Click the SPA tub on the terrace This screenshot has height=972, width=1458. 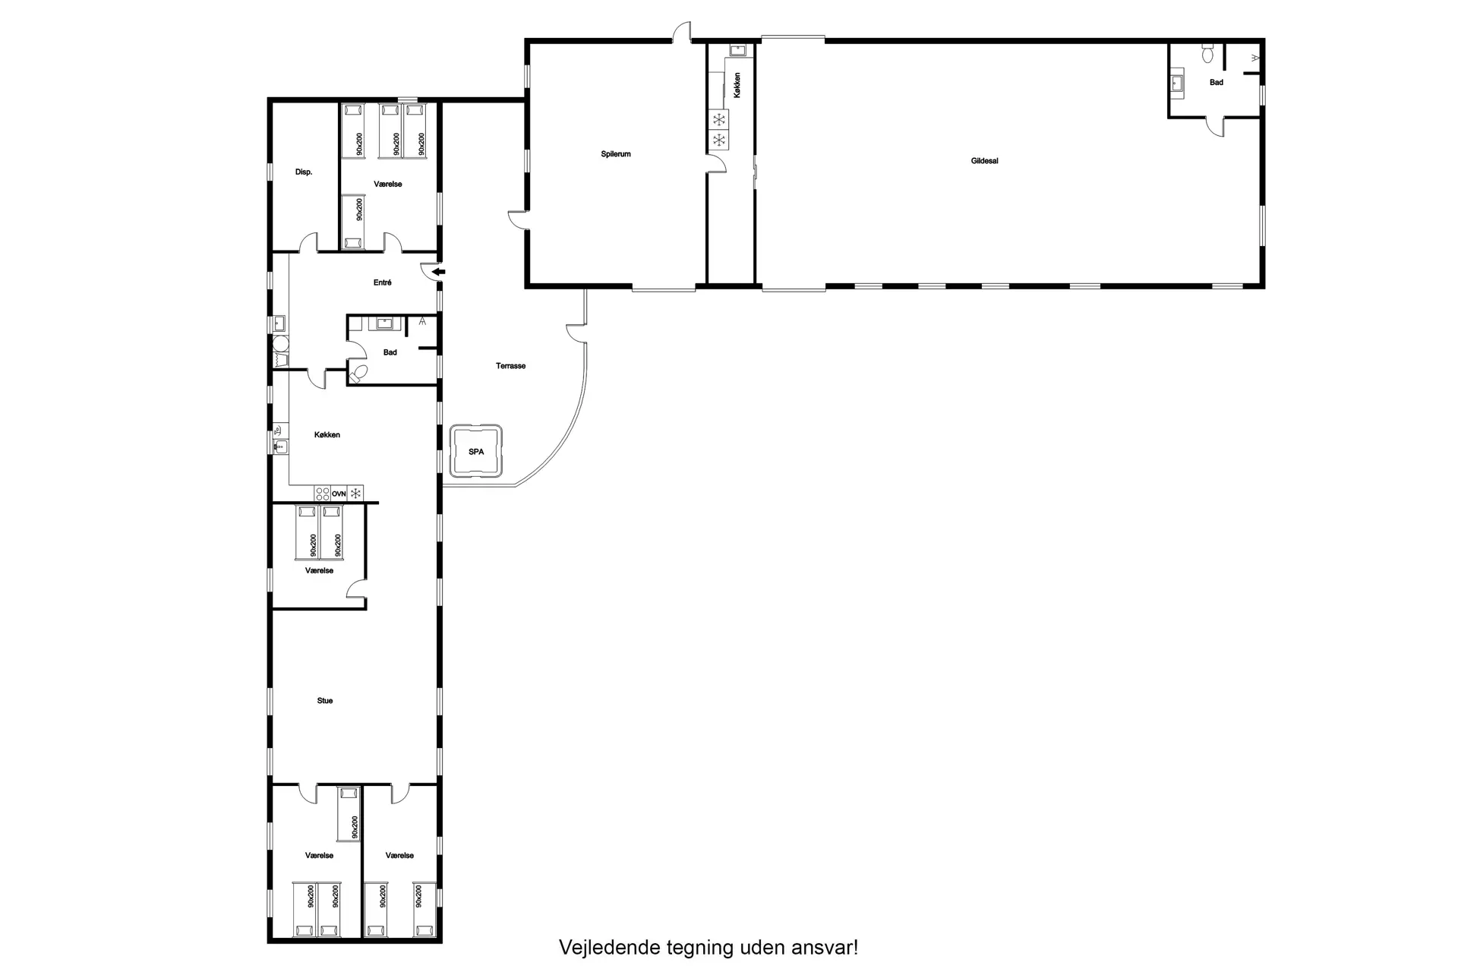[x=476, y=452]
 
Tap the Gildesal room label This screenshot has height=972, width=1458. [x=984, y=161]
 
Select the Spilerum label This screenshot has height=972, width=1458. [x=616, y=154]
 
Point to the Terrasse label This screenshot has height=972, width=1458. [x=511, y=366]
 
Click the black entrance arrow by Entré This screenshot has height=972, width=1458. [x=439, y=271]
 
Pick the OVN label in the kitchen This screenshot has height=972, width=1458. [x=339, y=494]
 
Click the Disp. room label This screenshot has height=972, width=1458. [x=304, y=172]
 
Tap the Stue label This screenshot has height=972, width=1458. [x=325, y=701]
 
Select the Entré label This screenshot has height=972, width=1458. [x=383, y=282]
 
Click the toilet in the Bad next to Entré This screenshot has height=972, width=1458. [x=358, y=373]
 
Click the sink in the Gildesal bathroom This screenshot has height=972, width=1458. [x=1178, y=83]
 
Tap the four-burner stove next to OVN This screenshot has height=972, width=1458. [x=322, y=494]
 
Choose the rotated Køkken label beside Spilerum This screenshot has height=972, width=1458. [x=737, y=84]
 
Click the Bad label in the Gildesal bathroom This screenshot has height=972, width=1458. [x=1217, y=83]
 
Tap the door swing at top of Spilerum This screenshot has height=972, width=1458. [x=682, y=31]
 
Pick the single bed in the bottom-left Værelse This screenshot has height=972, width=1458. [x=349, y=813]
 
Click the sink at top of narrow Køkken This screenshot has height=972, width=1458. [x=737, y=50]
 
